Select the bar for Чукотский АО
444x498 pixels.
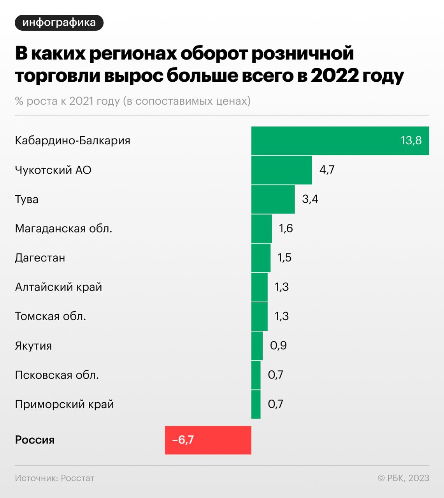point(281,170)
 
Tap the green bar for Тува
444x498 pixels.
point(273,199)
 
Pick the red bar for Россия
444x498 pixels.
point(208,440)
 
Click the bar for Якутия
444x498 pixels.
point(257,345)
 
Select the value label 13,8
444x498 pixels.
point(411,140)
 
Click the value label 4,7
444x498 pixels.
point(327,170)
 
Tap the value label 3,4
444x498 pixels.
point(310,199)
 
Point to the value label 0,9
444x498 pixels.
point(278,345)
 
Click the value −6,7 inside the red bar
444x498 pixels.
point(183,440)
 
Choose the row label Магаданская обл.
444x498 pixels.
point(63,228)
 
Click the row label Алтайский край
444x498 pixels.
point(58,287)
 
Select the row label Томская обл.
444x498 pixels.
point(50,316)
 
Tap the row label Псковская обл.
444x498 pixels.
point(57,375)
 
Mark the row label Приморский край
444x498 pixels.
point(64,404)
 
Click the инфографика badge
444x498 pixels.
point(59,23)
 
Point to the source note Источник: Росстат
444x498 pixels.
point(54,478)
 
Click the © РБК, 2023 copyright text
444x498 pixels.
point(403,478)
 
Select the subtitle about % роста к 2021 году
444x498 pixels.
point(133,101)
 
